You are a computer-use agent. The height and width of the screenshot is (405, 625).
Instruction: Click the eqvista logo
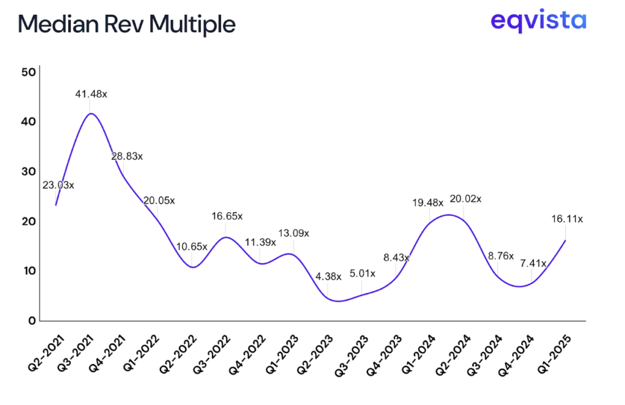[x=538, y=22]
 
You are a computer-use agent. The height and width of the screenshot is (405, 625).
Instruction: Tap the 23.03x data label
[x=58, y=185]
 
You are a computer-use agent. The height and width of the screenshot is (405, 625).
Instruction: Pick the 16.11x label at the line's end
[x=567, y=218]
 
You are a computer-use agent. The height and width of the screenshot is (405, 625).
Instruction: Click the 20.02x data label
[x=465, y=199]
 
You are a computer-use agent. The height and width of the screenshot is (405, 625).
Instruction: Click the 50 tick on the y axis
[x=28, y=72]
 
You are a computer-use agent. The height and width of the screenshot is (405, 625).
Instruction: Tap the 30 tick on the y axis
[x=28, y=172]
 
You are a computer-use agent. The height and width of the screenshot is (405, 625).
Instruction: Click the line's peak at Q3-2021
[x=91, y=114]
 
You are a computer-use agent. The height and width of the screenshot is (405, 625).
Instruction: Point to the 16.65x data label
[x=226, y=216]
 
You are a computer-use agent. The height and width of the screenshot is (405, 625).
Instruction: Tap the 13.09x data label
[x=294, y=233]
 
